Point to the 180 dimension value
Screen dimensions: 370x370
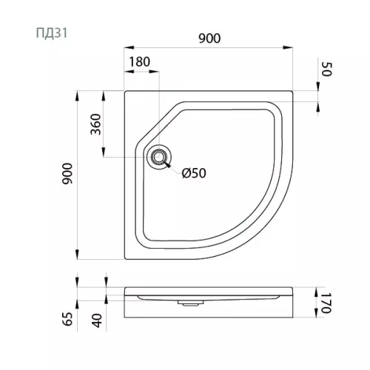[140, 63]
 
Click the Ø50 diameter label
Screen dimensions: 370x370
[194, 172]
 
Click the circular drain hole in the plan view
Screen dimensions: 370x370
[158, 157]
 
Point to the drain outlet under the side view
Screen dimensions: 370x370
[189, 302]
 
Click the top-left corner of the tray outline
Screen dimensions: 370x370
[126, 92]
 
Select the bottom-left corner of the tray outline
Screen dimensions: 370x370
[126, 258]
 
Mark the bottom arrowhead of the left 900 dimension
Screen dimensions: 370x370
[79, 256]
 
